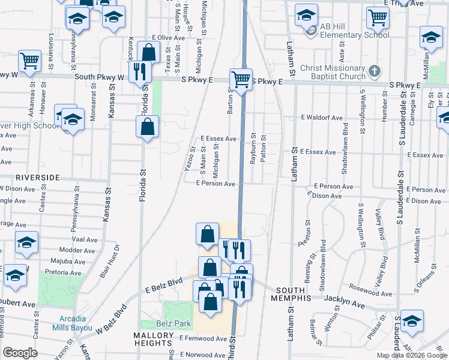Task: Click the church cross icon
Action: pyautogui.click(x=374, y=71)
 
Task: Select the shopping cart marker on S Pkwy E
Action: pyautogui.click(x=241, y=79)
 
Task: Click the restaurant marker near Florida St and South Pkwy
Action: pyautogui.click(x=140, y=72)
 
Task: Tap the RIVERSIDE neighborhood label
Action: pyautogui.click(x=37, y=178)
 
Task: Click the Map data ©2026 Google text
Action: pyautogui.click(x=412, y=355)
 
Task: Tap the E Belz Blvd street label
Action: pyautogui.click(x=163, y=286)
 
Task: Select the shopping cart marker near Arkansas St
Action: pyautogui.click(x=29, y=60)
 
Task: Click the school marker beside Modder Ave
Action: pyautogui.click(x=26, y=242)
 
